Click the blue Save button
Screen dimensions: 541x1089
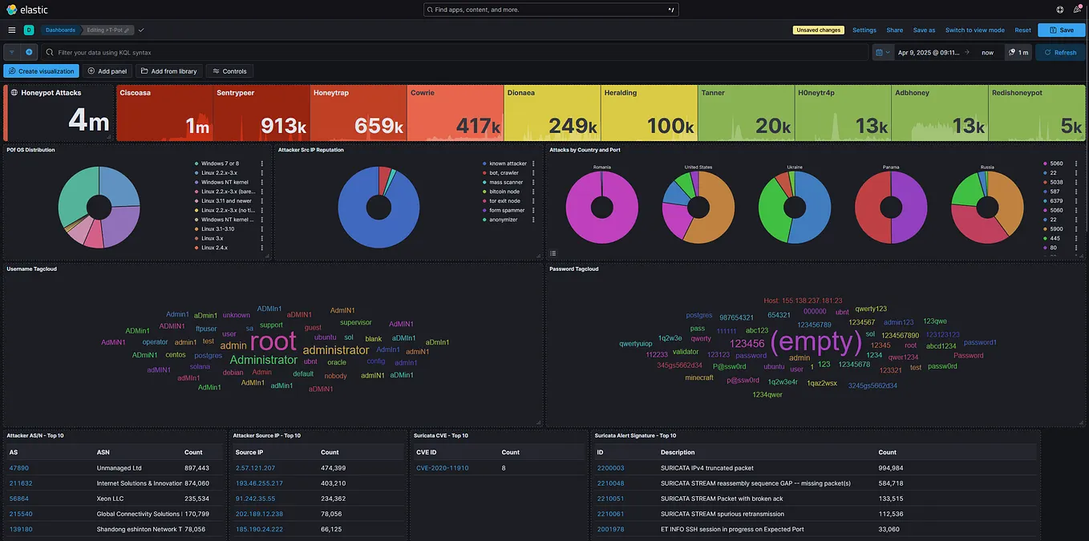[x=1061, y=30]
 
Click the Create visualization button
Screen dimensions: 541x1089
[x=41, y=71]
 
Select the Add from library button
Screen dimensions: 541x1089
[x=169, y=71]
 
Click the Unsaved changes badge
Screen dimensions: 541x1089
[x=818, y=30]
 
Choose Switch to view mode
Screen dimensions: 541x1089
[x=974, y=30]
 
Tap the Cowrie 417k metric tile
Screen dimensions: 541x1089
[x=455, y=113]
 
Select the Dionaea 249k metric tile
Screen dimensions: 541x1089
[x=553, y=113]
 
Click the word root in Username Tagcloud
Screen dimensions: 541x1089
[x=273, y=341]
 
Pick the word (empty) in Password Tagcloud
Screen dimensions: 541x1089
[x=816, y=341]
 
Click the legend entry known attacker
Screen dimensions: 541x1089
[x=508, y=164]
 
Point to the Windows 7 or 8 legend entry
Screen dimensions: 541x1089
[x=220, y=164]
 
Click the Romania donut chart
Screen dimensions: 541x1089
[x=602, y=207]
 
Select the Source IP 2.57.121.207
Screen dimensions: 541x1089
[x=255, y=468]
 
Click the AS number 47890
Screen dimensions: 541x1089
[x=19, y=468]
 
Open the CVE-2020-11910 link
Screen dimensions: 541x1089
[x=443, y=468]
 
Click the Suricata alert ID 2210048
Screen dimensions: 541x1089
[x=610, y=483]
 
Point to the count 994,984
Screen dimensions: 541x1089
[x=890, y=468]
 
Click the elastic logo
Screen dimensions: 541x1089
[x=27, y=10]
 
